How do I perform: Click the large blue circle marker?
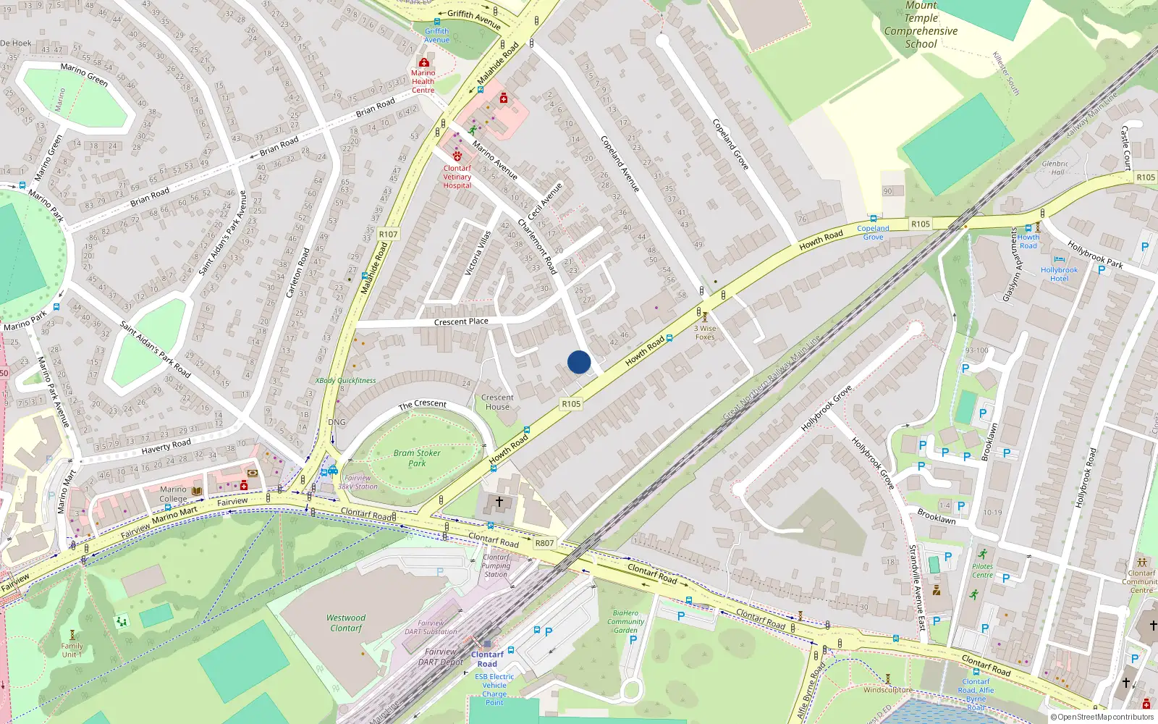coord(579,362)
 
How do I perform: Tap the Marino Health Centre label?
coord(423,81)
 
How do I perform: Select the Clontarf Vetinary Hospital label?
coord(457,177)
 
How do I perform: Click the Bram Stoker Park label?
coord(417,458)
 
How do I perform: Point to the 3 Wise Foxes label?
coord(705,332)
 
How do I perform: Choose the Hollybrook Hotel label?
coord(1059,274)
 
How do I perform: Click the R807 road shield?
coord(544,543)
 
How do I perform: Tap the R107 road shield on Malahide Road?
coord(388,234)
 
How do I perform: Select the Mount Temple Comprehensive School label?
coord(921,25)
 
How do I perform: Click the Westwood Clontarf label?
coord(346,623)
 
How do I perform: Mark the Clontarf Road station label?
coord(487,659)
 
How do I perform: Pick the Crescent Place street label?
coord(461,321)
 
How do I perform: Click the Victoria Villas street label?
coord(478,253)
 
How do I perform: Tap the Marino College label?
coord(173,494)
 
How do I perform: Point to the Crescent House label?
coord(497,402)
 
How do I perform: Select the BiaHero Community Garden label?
coord(626,621)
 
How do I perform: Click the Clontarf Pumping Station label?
coord(496,565)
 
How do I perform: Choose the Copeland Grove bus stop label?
coord(873,232)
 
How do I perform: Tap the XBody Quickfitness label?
coord(345,380)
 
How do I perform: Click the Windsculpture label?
coord(888,689)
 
